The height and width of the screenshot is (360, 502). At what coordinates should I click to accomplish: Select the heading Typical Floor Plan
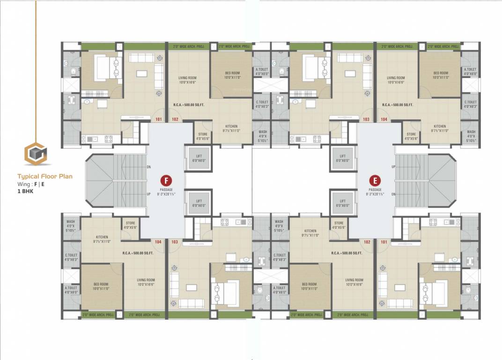pyautogui.click(x=45, y=177)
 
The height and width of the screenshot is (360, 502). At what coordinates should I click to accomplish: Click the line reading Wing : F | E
pyautogui.click(x=31, y=184)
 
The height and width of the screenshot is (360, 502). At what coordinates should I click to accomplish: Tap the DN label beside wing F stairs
pyautogui.click(x=149, y=166)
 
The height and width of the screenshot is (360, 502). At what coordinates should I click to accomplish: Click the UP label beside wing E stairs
pyautogui.click(x=393, y=166)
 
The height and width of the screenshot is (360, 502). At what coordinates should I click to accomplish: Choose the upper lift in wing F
pyautogui.click(x=199, y=158)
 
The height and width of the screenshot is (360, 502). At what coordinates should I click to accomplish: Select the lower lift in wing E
pyautogui.click(x=343, y=203)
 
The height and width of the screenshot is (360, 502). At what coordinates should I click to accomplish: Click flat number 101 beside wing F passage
pyautogui.click(x=159, y=120)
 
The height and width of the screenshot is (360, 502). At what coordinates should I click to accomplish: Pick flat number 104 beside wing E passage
pyautogui.click(x=384, y=120)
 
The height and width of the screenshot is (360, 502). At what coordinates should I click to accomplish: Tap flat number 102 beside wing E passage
pyautogui.click(x=367, y=242)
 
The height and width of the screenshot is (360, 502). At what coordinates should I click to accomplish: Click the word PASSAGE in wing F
pyautogui.click(x=166, y=190)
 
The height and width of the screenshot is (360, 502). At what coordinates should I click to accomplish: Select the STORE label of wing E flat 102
pyautogui.click(x=339, y=223)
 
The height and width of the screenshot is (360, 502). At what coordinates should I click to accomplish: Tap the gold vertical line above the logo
pyautogui.click(x=36, y=70)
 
